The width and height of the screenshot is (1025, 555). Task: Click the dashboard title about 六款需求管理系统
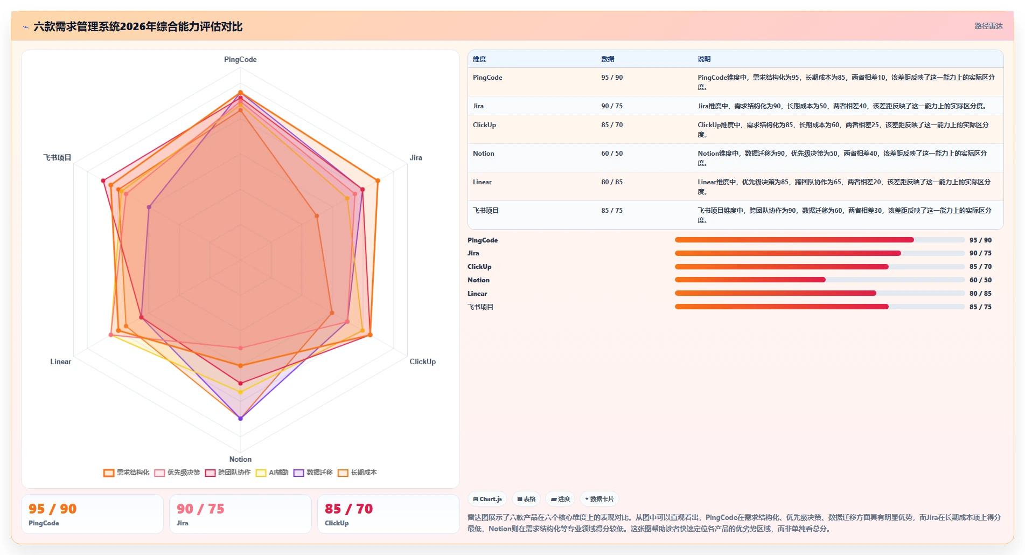[x=138, y=26]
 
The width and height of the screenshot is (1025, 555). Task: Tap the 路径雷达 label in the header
[x=988, y=26]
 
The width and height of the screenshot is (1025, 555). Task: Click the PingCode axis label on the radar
[x=240, y=59]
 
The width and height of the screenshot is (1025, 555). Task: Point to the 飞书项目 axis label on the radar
[x=57, y=157]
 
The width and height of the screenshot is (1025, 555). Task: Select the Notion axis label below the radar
[x=240, y=459]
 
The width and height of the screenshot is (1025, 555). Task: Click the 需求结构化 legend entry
[x=127, y=473]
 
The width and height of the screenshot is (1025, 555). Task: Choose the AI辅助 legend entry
[x=272, y=473]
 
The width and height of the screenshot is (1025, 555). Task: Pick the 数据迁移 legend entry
[x=313, y=473]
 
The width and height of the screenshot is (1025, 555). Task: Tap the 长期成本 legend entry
[x=357, y=473]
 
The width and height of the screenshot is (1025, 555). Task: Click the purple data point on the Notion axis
[x=240, y=418]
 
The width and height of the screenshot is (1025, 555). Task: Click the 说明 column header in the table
[x=704, y=59]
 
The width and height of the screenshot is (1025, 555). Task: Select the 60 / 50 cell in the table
[x=612, y=154]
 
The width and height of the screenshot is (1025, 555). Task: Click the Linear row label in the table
[x=482, y=182]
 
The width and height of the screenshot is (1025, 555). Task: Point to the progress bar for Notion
[x=820, y=280]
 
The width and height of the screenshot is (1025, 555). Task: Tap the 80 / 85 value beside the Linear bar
[x=980, y=294]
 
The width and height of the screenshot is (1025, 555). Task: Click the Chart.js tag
[x=487, y=499]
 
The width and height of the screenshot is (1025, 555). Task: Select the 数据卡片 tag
[x=599, y=499]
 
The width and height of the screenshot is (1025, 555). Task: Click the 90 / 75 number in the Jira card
[x=200, y=509]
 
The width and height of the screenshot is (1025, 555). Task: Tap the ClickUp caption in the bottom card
[x=337, y=523]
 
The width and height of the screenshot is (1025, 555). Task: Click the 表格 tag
[x=526, y=499]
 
